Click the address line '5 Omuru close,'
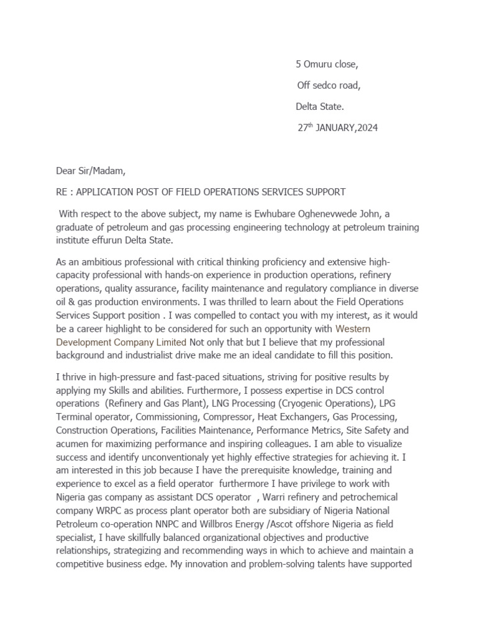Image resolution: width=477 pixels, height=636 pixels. (327, 64)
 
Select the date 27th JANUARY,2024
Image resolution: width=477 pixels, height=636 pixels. (337, 128)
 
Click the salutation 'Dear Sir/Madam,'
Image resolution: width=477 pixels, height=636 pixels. (91, 170)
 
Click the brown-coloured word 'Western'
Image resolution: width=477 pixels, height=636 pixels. (353, 329)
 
